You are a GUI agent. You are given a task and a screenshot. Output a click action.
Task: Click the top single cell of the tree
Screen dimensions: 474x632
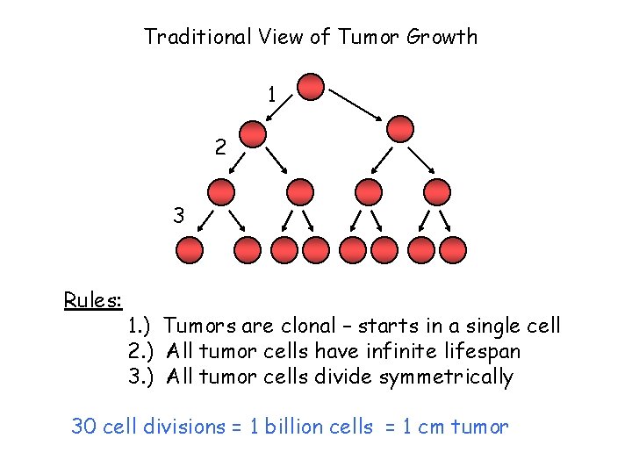[x=311, y=86]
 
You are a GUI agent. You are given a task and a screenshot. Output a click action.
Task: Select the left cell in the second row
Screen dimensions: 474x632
[x=254, y=133]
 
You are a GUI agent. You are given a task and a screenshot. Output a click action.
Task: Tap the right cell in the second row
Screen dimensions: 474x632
[x=400, y=129]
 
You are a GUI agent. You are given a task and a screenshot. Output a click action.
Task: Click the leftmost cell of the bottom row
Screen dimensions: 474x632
[x=190, y=250]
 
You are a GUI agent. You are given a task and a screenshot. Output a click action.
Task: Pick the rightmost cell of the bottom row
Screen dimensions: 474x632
[x=452, y=250]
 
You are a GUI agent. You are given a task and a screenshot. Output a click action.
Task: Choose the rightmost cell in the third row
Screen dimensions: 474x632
[x=436, y=191]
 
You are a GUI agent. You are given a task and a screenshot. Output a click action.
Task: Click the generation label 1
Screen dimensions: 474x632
[x=272, y=93]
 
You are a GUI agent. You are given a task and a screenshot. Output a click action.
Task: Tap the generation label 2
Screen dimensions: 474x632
[x=220, y=148]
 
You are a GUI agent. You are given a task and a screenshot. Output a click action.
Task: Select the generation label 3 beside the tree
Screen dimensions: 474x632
[x=179, y=215]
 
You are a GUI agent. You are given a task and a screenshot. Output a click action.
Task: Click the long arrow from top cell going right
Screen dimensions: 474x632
[x=355, y=103]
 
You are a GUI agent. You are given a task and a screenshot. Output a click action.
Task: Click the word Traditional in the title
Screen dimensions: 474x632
[x=199, y=37]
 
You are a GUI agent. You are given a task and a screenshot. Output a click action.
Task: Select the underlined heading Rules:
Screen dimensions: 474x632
[x=92, y=300]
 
